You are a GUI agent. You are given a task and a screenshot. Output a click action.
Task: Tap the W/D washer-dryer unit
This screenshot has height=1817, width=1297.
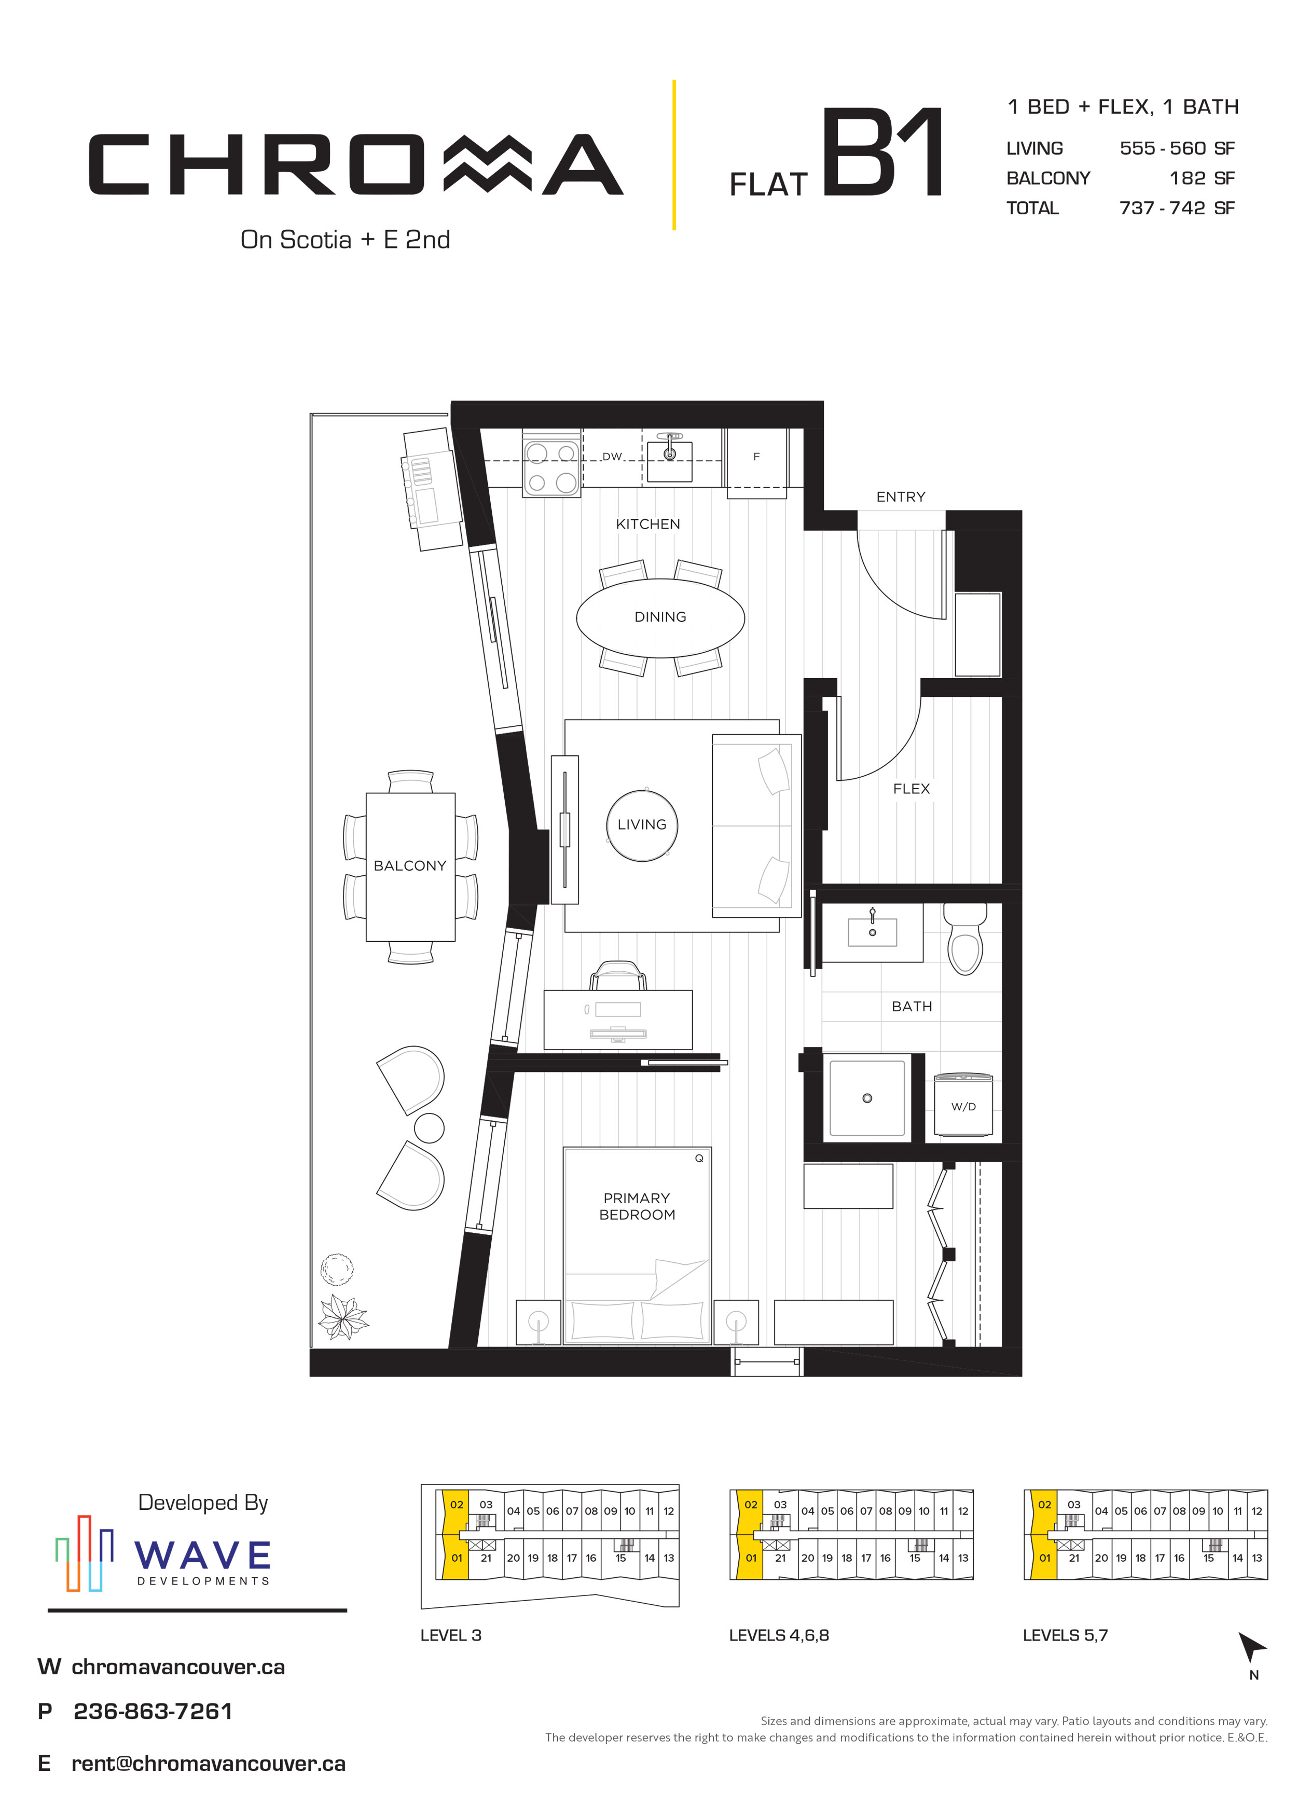point(963,1105)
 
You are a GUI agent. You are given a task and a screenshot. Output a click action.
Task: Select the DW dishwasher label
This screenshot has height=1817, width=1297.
point(612,457)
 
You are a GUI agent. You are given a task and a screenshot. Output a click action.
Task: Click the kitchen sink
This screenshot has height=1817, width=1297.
point(669,459)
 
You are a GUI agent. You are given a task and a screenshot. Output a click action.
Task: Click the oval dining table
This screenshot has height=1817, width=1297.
point(660,617)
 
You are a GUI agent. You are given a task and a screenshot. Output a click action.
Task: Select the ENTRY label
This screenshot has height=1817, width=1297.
point(901,497)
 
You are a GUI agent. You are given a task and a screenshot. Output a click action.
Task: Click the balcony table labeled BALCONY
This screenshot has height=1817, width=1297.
point(410,866)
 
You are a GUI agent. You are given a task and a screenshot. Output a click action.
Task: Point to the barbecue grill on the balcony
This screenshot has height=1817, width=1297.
point(432,488)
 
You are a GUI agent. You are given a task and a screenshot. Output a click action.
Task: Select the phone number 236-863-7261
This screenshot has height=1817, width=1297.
point(153,1712)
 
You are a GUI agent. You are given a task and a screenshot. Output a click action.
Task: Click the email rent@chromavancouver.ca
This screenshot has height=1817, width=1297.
point(209,1764)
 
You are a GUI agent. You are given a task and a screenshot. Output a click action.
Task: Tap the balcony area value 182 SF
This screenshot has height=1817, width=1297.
point(1202,178)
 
